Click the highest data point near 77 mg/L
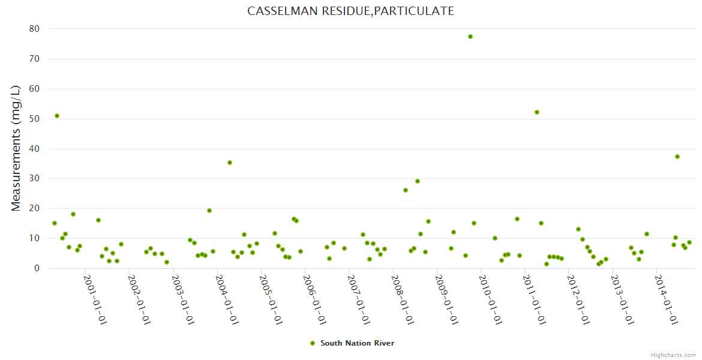coord(470,37)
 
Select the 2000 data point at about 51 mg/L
coord(57,116)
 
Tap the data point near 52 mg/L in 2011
coord(537,112)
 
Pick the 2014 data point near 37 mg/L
coord(677,157)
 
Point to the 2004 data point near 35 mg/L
coord(230,163)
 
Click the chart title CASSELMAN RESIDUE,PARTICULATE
coord(350,11)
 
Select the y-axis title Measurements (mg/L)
coord(16,148)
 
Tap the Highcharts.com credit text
coord(673,355)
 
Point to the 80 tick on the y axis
coord(34,29)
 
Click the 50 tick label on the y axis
coord(34,119)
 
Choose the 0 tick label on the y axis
coord(37,268)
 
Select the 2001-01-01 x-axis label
coord(95,299)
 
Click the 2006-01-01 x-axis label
coord(314,299)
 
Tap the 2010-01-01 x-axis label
coord(490,299)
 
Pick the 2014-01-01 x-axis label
coord(666,299)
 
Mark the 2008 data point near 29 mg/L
coord(418,181)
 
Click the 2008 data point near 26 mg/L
coord(406,190)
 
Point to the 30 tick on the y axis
coord(34,179)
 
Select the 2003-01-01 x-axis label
coord(183,299)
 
